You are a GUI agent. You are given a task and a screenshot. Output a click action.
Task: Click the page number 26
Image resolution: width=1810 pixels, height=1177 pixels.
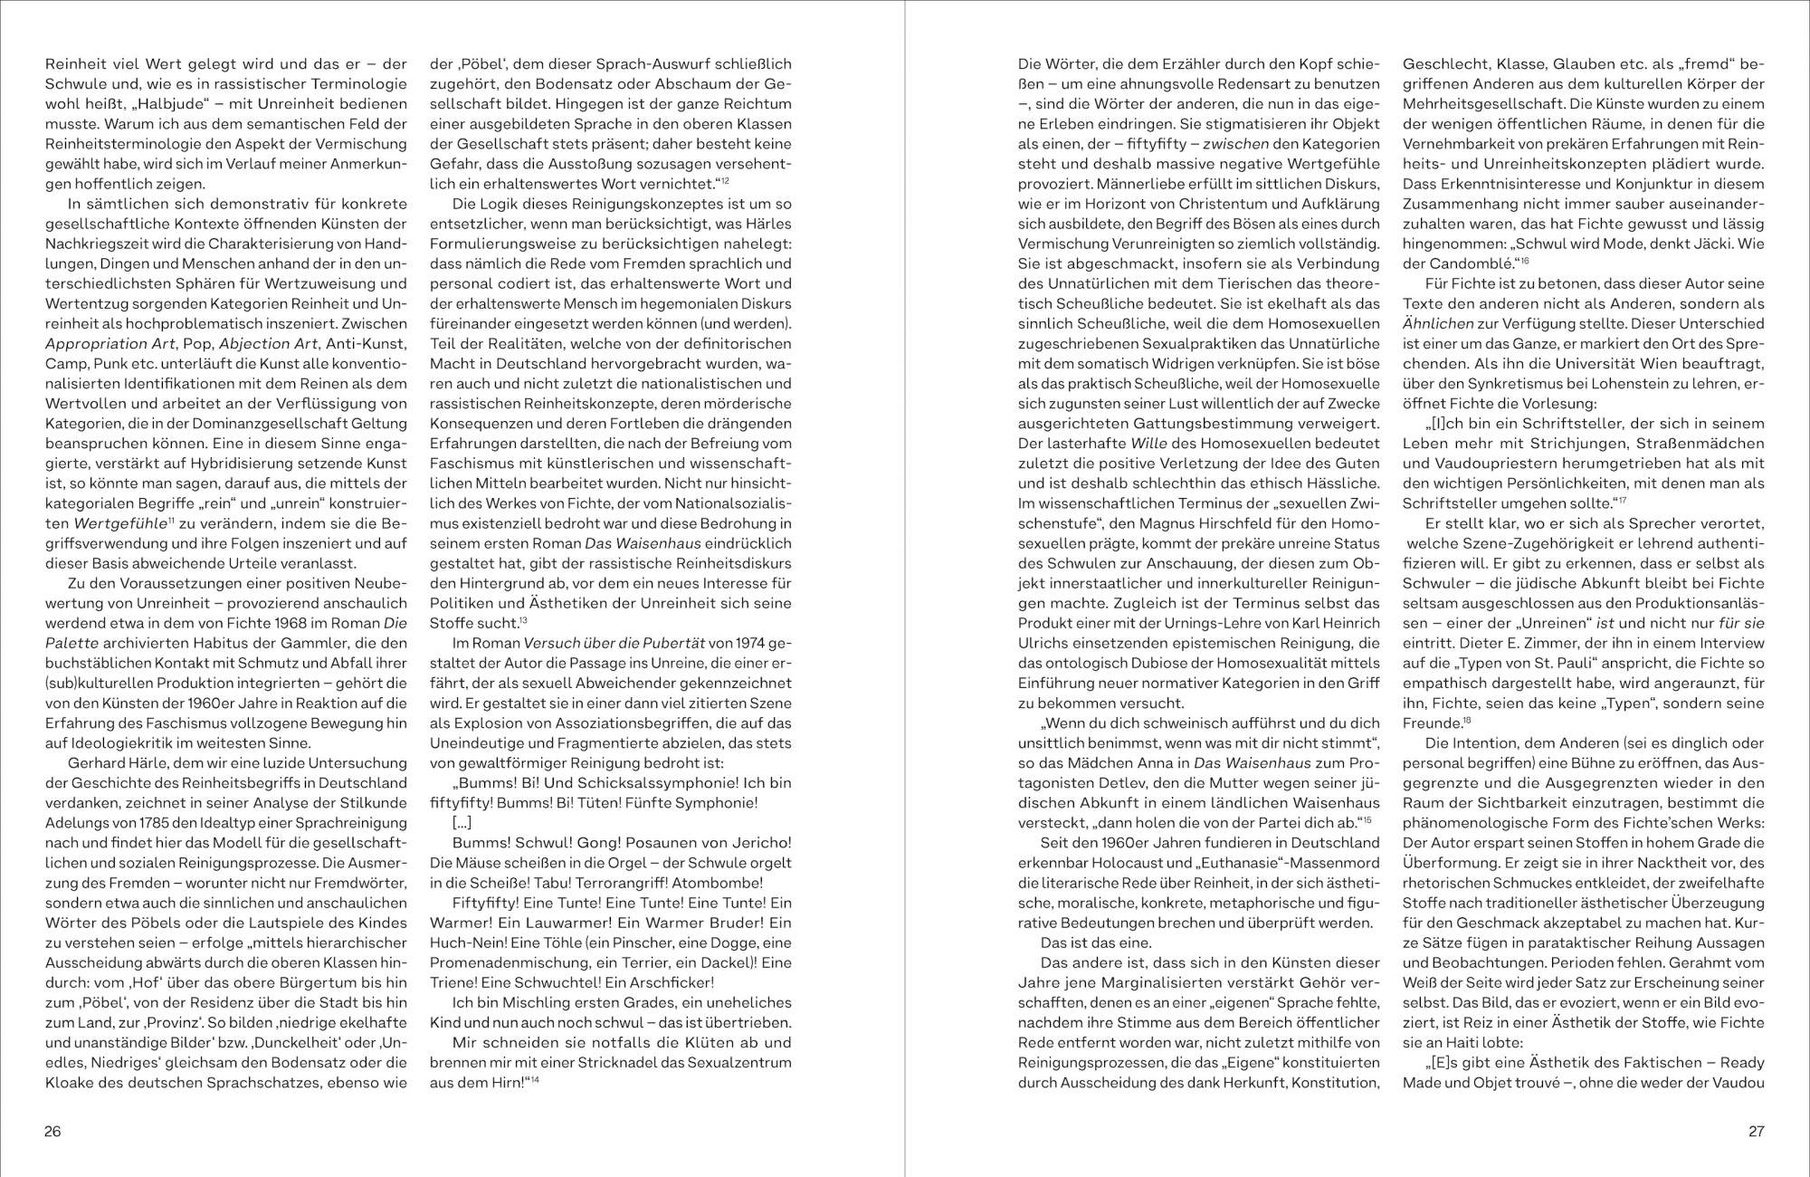click(x=52, y=1132)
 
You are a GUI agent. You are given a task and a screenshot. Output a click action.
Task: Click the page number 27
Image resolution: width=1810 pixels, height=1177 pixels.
click(x=1756, y=1132)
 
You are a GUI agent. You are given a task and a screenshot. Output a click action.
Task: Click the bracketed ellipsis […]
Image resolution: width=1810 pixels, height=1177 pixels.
click(x=462, y=823)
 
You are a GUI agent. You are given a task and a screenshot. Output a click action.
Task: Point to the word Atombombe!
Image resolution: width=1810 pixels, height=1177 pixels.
click(x=717, y=883)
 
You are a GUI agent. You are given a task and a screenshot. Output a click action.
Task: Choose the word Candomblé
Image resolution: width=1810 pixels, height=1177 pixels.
click(x=1468, y=263)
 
